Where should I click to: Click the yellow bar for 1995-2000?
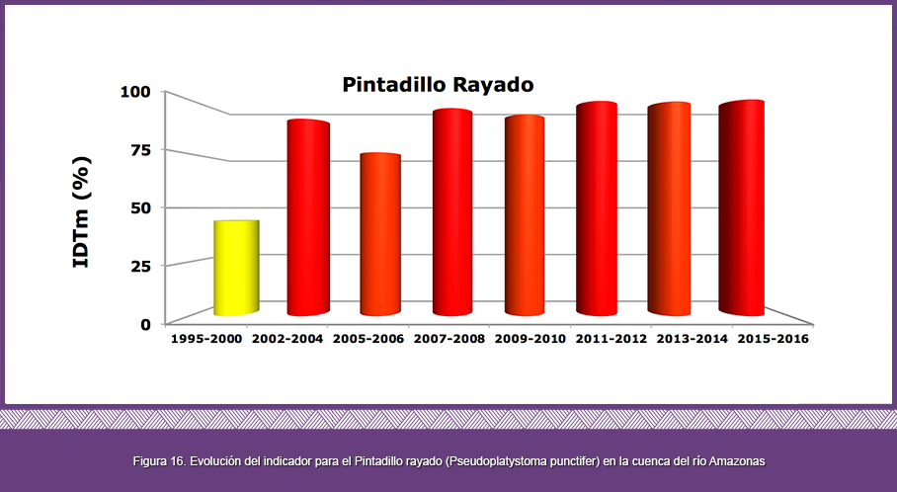(237, 268)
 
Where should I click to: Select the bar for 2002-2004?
(308, 217)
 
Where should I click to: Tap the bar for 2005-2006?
(380, 234)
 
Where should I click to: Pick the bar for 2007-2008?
(452, 212)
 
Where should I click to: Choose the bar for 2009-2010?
(525, 215)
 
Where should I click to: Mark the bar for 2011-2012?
(597, 208)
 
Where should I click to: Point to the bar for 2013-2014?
(669, 208)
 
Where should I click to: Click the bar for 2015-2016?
(741, 207)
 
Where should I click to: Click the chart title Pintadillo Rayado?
(439, 85)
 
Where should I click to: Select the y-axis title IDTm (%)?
(81, 211)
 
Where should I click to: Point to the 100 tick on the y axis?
(135, 92)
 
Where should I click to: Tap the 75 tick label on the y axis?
(140, 150)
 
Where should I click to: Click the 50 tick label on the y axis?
(140, 207)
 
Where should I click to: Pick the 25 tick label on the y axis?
(140, 266)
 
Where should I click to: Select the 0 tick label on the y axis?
(146, 324)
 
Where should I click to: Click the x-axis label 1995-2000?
(206, 339)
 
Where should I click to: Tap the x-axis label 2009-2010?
(530, 339)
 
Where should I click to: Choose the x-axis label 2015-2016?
(774, 339)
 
